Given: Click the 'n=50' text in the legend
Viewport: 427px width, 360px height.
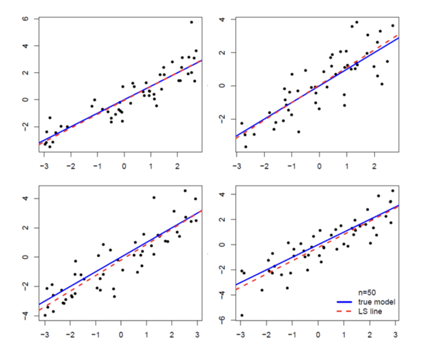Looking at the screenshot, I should pyautogui.click(x=367, y=292).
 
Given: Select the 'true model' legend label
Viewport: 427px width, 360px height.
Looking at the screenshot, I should pyautogui.click(x=376, y=302).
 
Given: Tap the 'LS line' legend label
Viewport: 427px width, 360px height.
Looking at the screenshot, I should pyautogui.click(x=370, y=311).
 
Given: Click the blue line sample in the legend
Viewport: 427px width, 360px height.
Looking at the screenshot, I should pyautogui.click(x=344, y=302).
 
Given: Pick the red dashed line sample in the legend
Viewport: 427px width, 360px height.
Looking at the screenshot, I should pyautogui.click(x=344, y=311).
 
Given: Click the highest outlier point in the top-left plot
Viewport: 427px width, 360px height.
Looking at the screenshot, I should pyautogui.click(x=191, y=22).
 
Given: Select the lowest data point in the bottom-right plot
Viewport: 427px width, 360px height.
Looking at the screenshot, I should pyautogui.click(x=242, y=315).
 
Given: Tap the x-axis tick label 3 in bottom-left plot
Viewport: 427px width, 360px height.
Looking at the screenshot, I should pyautogui.click(x=197, y=335).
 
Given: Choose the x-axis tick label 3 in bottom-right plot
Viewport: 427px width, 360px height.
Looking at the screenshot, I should pyautogui.click(x=395, y=335).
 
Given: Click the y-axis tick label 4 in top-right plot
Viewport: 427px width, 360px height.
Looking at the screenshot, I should pyautogui.click(x=222, y=19).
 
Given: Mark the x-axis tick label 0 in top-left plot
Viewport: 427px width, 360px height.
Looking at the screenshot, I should pyautogui.click(x=124, y=166).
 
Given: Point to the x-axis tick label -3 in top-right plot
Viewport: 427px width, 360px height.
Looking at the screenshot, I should pyautogui.click(x=237, y=166).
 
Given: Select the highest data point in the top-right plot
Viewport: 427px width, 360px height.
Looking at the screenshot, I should pyautogui.click(x=356, y=22).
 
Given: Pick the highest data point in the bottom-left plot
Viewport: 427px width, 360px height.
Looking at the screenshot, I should pyautogui.click(x=185, y=191).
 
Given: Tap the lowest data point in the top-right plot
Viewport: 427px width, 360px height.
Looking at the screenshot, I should pyautogui.click(x=246, y=147).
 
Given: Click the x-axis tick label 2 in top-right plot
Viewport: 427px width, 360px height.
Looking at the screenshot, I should pyautogui.click(x=374, y=166).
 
